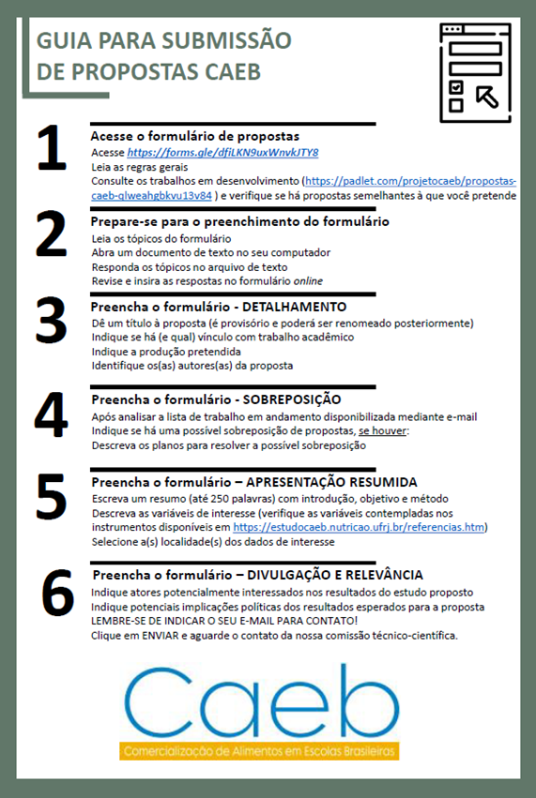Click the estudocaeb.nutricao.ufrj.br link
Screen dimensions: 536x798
coord(360,528)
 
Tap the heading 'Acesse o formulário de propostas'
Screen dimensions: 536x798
coord(194,136)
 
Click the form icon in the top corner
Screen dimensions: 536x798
coord(473,70)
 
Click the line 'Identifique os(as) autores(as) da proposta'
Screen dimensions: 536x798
coord(191,365)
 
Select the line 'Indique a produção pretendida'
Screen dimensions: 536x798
coord(159,351)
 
